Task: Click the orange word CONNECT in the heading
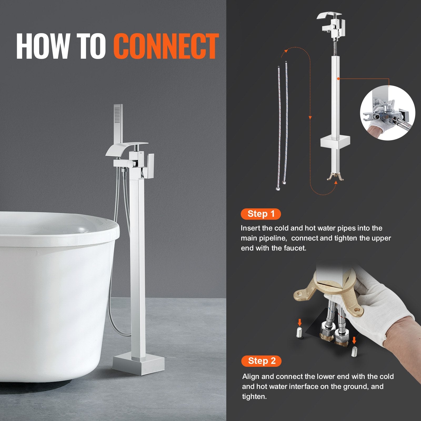tap(166, 47)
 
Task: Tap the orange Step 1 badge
tap(261, 214)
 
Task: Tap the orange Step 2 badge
tap(261, 361)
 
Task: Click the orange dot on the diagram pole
tap(338, 78)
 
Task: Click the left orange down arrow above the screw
tap(299, 322)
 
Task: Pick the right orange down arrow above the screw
tap(354, 340)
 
